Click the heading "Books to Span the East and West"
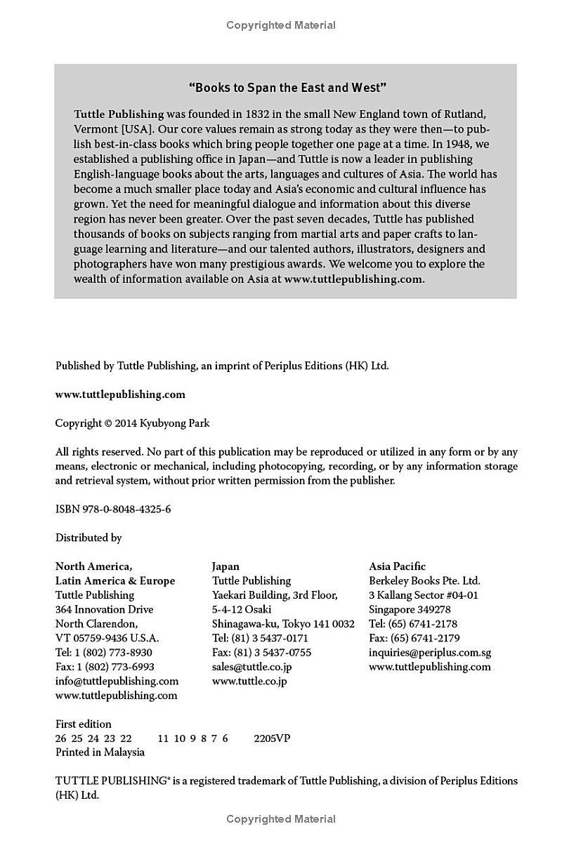coord(288,88)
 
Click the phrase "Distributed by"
coord(89,538)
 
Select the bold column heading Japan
coord(226,566)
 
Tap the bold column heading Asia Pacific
coord(398,566)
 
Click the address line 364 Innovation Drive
coord(104,609)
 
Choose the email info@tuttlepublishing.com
coord(117,681)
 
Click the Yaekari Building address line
coord(275,595)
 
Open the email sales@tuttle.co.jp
coord(251,667)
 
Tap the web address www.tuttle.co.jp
coord(249,681)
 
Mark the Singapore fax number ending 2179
coord(414,638)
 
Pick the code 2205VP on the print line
coord(272,738)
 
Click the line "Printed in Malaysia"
coord(100,752)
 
